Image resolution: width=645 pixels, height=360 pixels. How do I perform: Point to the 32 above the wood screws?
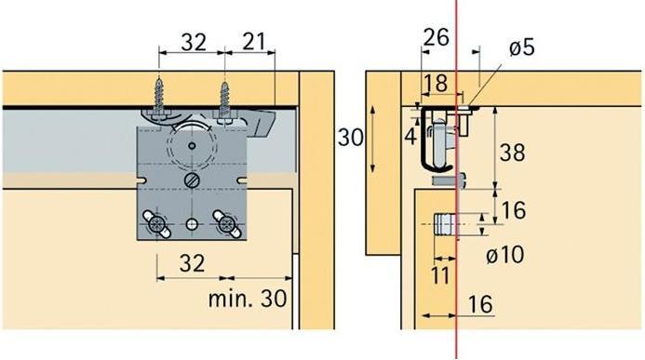click(193, 41)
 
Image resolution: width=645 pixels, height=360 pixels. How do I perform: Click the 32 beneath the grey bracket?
click(192, 263)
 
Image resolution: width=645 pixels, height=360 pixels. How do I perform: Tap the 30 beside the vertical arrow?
click(351, 139)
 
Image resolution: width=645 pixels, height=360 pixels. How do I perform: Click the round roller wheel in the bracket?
click(193, 144)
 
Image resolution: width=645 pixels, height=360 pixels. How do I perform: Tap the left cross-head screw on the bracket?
click(155, 222)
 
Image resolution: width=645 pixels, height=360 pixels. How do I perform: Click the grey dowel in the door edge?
click(445, 225)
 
